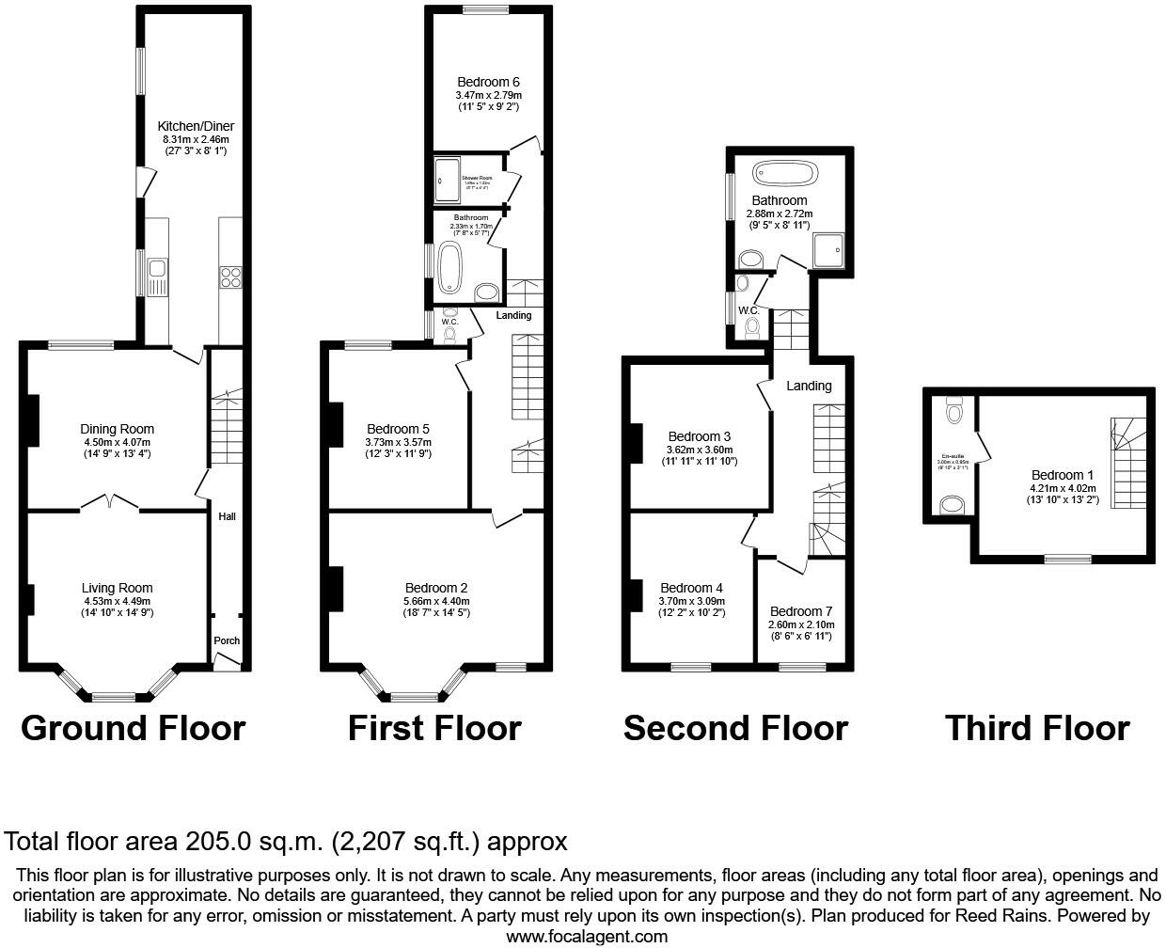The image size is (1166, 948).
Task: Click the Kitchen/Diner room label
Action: pos(196,126)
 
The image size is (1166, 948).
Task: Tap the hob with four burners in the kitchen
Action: pos(230,276)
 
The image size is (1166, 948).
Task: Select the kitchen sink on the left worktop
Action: pos(155,276)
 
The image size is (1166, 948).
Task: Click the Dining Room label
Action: pos(117,430)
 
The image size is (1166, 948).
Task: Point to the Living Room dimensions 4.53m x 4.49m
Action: pos(117,601)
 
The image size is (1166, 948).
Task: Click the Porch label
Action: pos(227,640)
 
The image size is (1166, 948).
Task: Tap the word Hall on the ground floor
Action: pos(228,516)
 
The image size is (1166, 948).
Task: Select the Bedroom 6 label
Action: pos(488,82)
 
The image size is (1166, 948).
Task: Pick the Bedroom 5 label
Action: pos(398,430)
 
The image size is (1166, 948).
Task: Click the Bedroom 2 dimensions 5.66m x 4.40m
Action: pos(436,601)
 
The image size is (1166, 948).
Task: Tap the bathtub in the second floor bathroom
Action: pos(785,174)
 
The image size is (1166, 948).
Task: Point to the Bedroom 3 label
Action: pos(700,436)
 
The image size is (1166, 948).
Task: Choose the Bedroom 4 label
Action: pos(691,589)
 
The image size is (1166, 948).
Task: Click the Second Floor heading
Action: pos(735,728)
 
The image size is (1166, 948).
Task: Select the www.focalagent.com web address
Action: pos(587,936)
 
